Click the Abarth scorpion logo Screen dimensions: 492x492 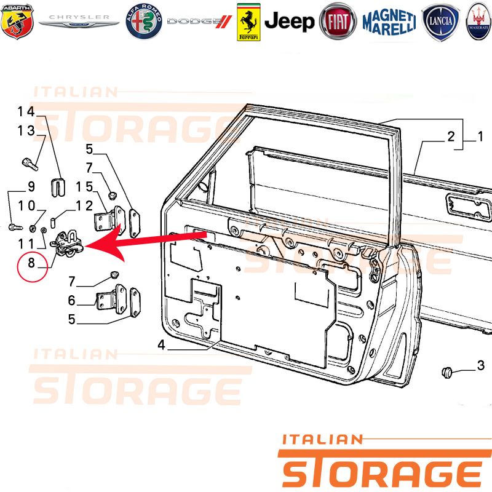point(17,22)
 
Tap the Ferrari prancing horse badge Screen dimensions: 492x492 point(248,22)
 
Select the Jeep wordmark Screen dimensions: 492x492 point(289,22)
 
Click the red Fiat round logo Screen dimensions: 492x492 point(338,22)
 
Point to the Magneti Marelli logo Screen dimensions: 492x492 point(389,22)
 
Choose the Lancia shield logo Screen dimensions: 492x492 point(440,22)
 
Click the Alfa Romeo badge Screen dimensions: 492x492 point(144,22)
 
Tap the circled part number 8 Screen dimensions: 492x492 point(32,263)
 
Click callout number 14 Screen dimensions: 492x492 point(26,111)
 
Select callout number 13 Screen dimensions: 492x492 point(26,130)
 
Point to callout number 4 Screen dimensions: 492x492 point(161,345)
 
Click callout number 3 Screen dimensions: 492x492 point(481,365)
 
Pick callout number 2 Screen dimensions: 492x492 point(451,137)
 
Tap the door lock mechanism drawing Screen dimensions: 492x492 point(66,244)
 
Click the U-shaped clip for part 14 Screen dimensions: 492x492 point(58,188)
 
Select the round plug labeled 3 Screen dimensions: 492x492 point(447,373)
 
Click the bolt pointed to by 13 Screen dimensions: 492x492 point(30,164)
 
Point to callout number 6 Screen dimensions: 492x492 point(72,300)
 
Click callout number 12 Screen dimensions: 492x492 point(84,206)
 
